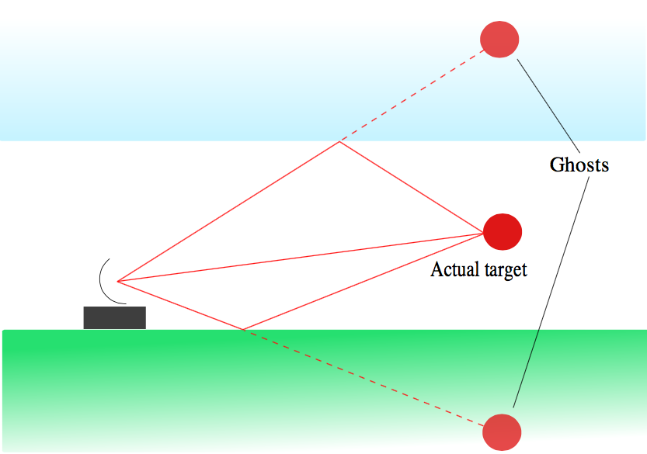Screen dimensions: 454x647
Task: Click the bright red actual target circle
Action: coord(503,231)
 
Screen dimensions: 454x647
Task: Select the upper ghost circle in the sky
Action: coord(499,38)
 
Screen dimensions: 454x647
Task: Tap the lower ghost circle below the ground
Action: coord(501,431)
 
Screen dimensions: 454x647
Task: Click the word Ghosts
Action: coord(579,165)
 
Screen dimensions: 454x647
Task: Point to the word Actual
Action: coord(453,270)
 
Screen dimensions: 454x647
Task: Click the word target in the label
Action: coord(503,270)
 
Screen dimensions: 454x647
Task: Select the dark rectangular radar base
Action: coord(115,317)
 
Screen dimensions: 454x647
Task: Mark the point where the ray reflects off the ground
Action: coord(243,330)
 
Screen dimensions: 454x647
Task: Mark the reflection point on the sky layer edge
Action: coord(339,142)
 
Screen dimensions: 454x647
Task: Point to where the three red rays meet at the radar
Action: coord(117,281)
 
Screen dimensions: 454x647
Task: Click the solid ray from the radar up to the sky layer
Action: coord(228,211)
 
